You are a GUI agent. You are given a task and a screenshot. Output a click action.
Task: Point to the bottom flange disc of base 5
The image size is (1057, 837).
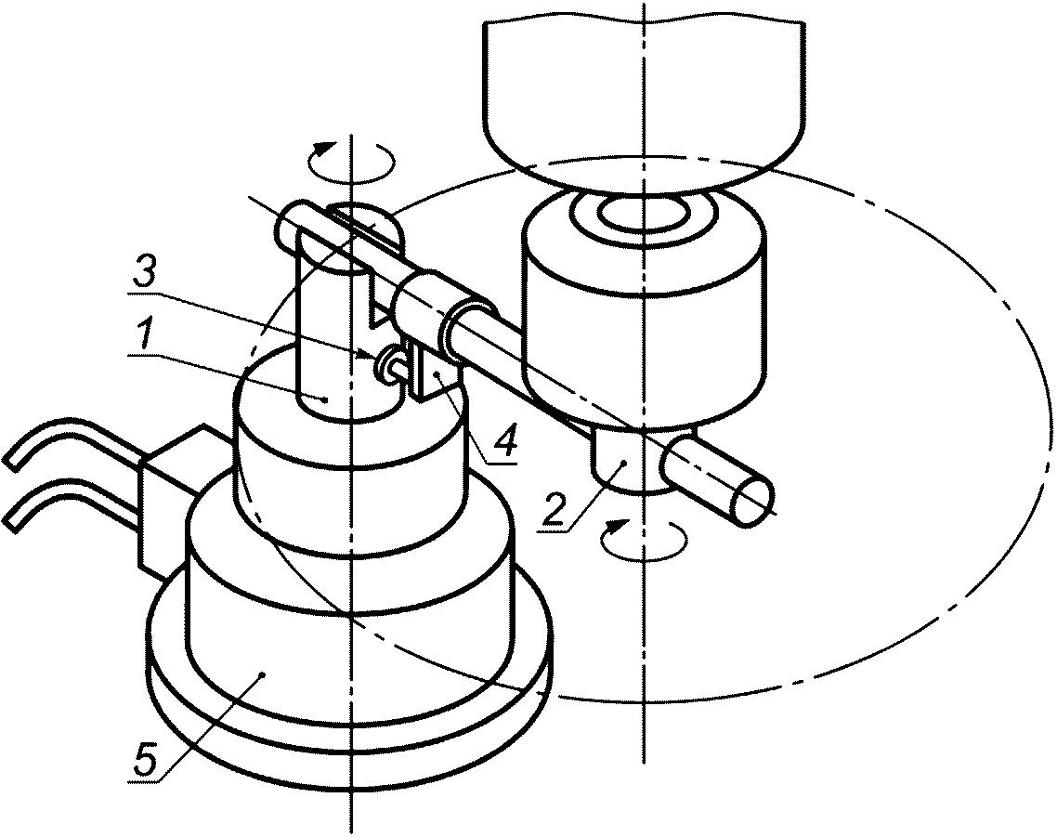point(348,734)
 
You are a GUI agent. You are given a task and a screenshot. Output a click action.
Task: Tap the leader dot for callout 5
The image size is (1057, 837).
point(264,673)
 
